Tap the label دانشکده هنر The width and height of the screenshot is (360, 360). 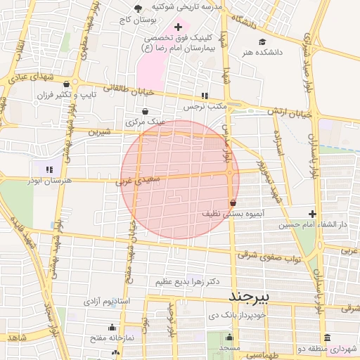pyautogui.click(x=262, y=52)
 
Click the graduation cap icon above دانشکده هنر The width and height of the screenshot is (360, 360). pyautogui.click(x=262, y=41)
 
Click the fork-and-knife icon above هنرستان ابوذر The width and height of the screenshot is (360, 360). pyautogui.click(x=49, y=169)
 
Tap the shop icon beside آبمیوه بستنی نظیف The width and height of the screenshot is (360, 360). pyautogui.click(x=233, y=202)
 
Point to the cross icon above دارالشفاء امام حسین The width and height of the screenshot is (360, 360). pyautogui.click(x=312, y=214)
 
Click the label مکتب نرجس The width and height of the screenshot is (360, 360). pyautogui.click(x=203, y=107)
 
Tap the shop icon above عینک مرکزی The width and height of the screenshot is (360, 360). pyautogui.click(x=145, y=111)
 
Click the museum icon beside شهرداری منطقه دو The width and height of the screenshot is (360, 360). pyautogui.click(x=326, y=337)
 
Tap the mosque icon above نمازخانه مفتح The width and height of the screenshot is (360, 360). pyautogui.click(x=112, y=327)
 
